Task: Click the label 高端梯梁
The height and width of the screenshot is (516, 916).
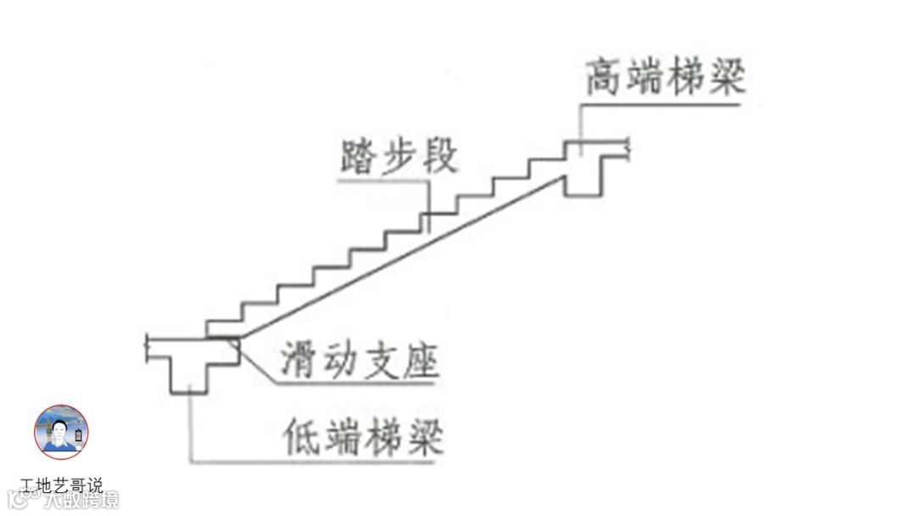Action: click(665, 77)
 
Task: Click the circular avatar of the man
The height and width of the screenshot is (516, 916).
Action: click(61, 432)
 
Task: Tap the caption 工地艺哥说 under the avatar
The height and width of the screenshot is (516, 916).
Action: click(61, 486)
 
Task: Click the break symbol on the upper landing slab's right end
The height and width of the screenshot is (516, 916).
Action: click(628, 149)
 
